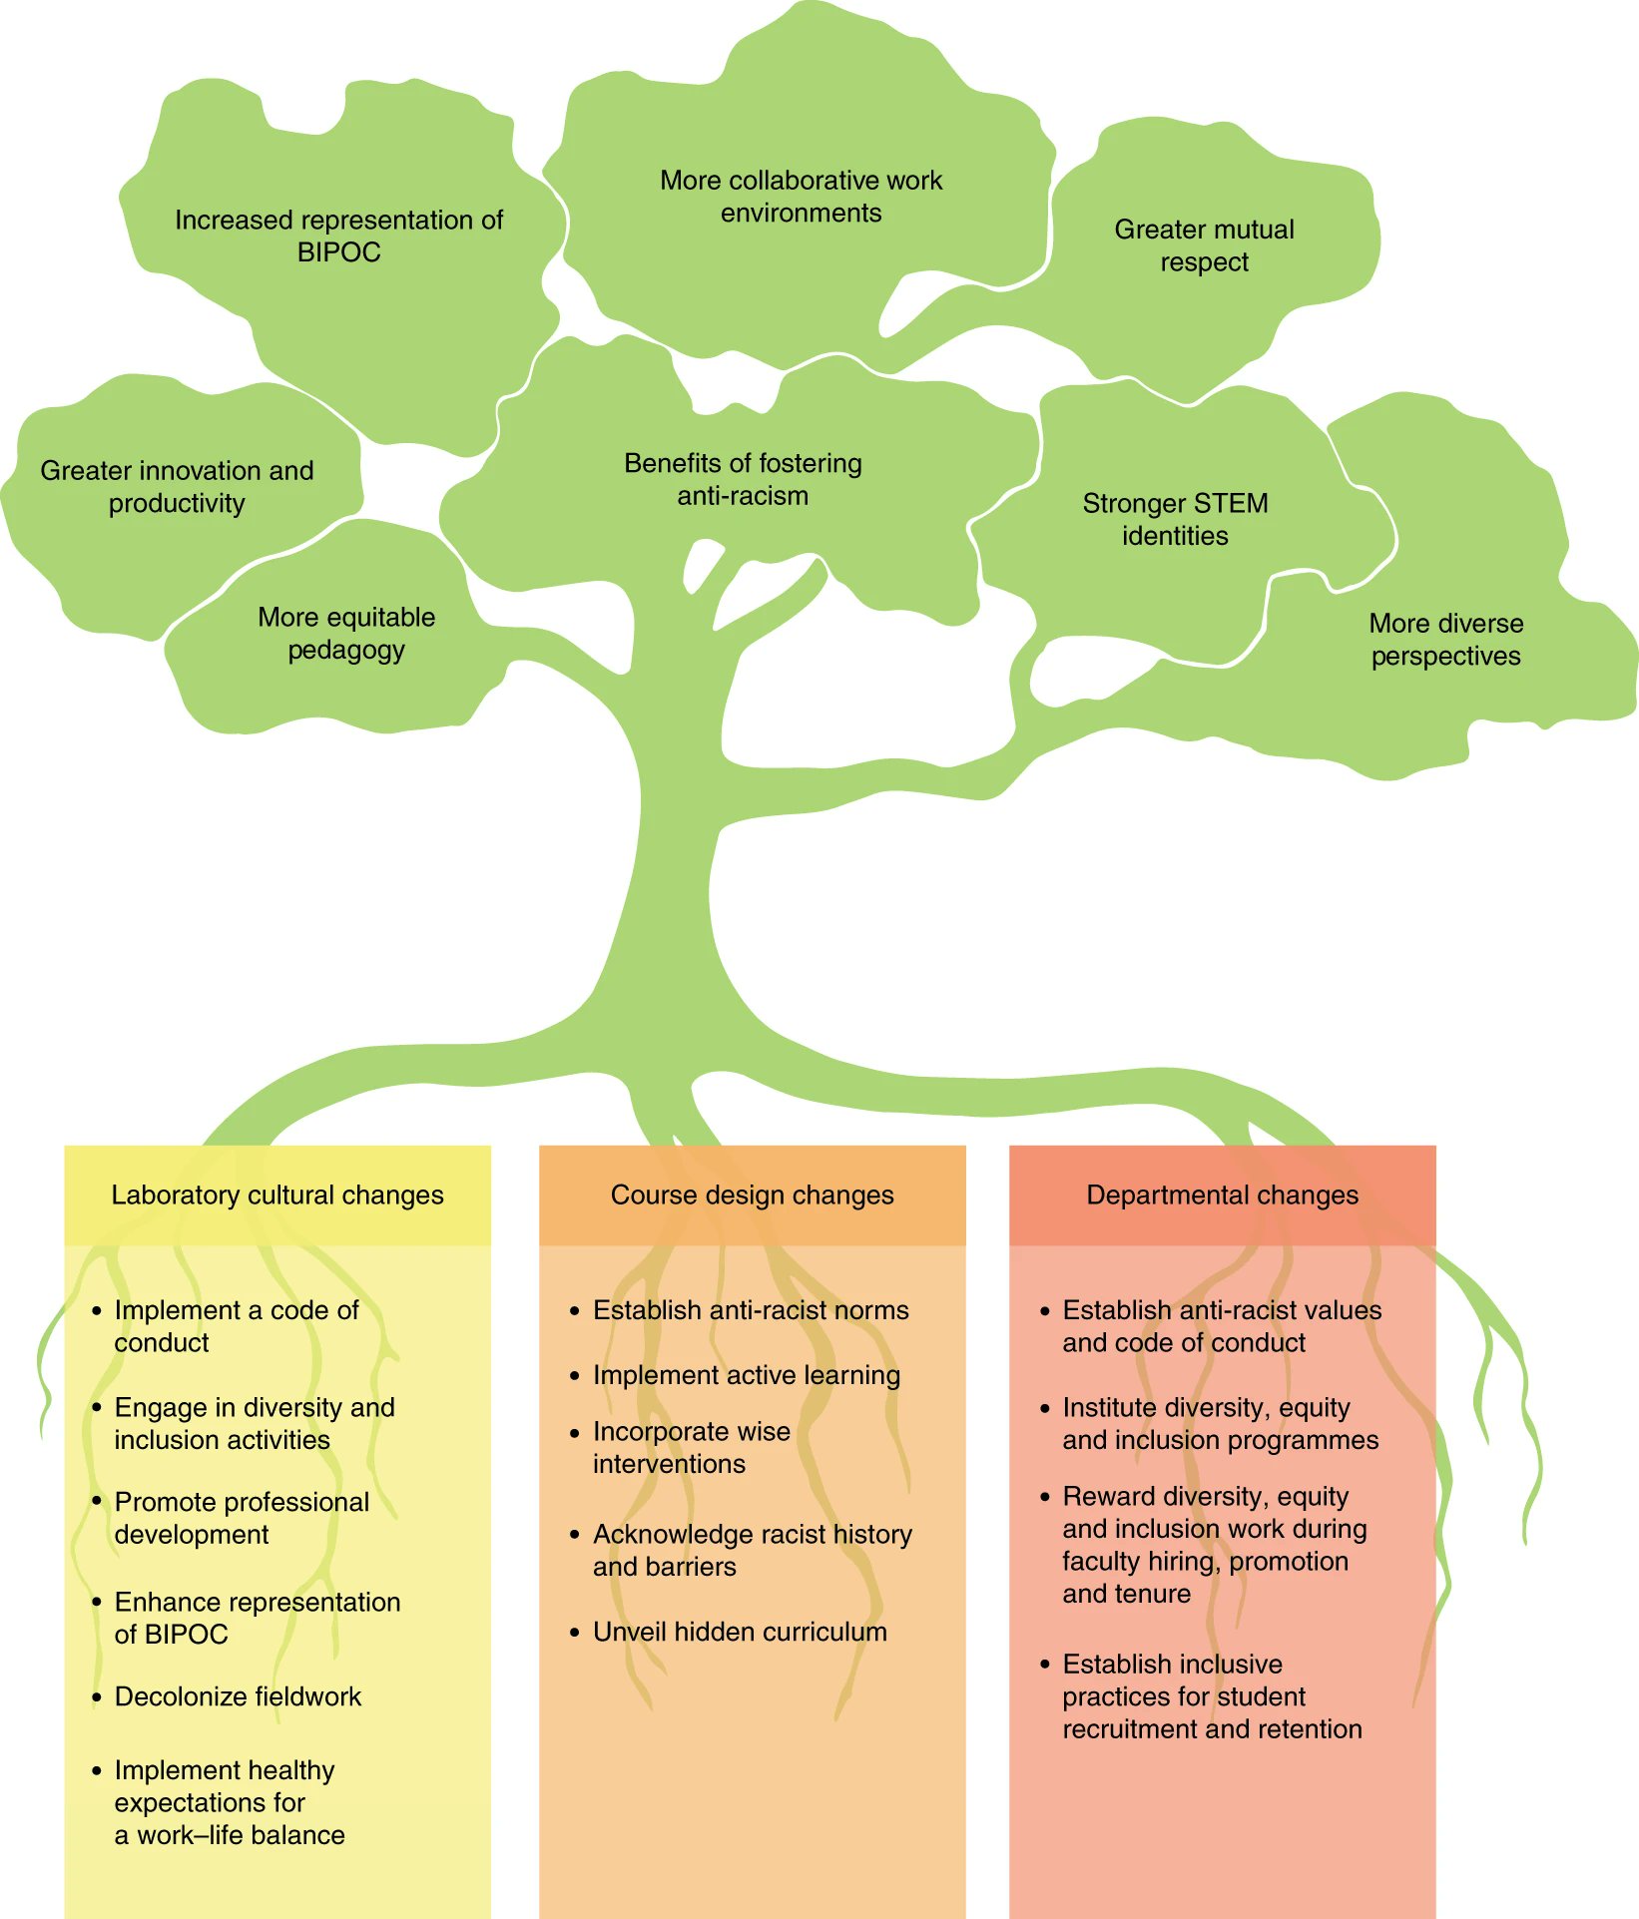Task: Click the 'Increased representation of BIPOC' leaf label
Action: click(338, 236)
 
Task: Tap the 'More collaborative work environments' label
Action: click(801, 197)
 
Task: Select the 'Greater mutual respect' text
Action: click(1204, 245)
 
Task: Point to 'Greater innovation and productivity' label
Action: click(177, 486)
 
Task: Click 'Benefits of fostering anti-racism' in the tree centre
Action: click(743, 479)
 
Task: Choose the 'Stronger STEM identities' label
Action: click(1175, 519)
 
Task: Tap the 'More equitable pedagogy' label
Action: click(346, 633)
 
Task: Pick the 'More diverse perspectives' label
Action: click(1445, 640)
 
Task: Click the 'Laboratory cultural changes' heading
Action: click(277, 1195)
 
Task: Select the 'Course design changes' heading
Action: click(752, 1195)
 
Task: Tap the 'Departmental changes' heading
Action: click(1222, 1195)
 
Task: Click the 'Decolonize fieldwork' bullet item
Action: click(238, 1696)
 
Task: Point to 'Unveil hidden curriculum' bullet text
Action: click(740, 1632)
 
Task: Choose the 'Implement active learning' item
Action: click(747, 1375)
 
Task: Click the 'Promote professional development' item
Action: click(242, 1518)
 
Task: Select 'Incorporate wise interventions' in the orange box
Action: click(691, 1447)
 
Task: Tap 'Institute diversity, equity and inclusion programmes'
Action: click(1220, 1423)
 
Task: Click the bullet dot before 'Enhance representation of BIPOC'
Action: click(97, 1602)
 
